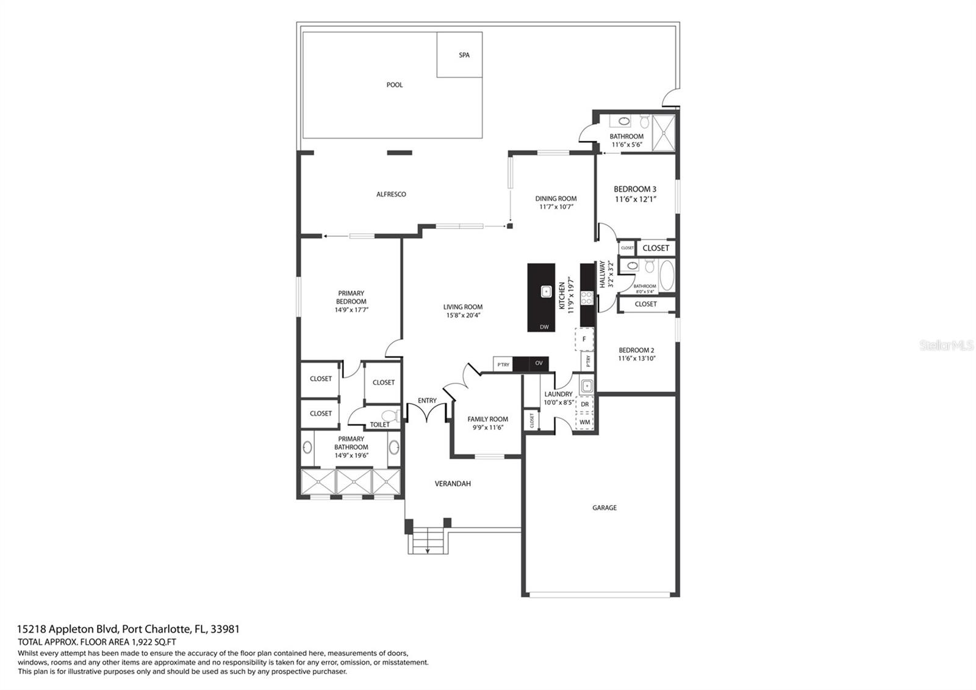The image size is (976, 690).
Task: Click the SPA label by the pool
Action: click(x=464, y=55)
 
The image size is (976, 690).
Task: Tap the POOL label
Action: click(x=394, y=85)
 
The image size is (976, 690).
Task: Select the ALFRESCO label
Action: click(x=391, y=194)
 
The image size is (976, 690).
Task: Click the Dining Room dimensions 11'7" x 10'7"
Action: click(x=556, y=207)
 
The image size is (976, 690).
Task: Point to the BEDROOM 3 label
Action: click(x=635, y=189)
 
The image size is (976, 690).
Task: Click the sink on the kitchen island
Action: click(x=545, y=291)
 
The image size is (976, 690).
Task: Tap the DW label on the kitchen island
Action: click(x=544, y=327)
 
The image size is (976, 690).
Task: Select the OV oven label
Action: click(x=539, y=363)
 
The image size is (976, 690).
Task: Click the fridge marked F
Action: click(x=584, y=339)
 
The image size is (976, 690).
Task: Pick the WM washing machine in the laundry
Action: click(x=585, y=422)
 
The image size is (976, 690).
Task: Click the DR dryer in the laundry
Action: click(x=585, y=404)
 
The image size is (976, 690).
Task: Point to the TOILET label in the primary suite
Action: click(x=379, y=424)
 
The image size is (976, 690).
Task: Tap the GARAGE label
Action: click(x=605, y=507)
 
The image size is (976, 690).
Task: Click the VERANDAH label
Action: click(x=453, y=483)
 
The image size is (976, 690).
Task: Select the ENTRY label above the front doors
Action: click(x=427, y=401)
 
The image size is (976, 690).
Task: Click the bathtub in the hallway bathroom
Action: click(x=666, y=275)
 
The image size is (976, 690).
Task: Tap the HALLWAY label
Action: click(x=602, y=274)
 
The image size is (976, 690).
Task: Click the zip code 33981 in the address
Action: click(x=225, y=629)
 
